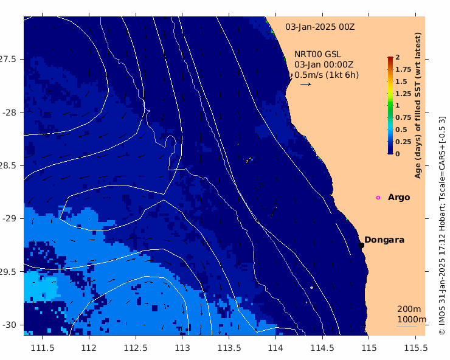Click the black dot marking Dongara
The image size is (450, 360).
tap(361, 245)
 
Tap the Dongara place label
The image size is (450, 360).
tap(384, 240)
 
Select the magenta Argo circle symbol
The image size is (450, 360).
tap(378, 198)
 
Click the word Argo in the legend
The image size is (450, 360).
tap(399, 198)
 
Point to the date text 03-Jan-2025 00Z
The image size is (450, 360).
tap(320, 27)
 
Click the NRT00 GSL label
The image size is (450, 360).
tap(317, 54)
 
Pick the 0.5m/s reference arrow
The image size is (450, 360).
tap(306, 84)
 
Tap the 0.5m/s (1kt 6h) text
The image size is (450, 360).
tap(327, 75)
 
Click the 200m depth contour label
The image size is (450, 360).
tap(409, 309)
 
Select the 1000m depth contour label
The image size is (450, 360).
tap(412, 319)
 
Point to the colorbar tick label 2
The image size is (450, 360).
tap(398, 57)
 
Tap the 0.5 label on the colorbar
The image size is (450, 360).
tap(401, 130)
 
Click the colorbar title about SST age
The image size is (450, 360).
tap(418, 105)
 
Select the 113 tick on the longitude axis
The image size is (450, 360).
tap(182, 348)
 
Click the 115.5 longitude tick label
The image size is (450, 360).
tap(416, 348)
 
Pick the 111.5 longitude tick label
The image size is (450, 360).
tap(43, 348)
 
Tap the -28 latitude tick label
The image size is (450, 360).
tap(9, 112)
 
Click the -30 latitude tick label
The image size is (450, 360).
tap(9, 325)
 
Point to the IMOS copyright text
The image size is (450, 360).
tap(442, 226)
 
